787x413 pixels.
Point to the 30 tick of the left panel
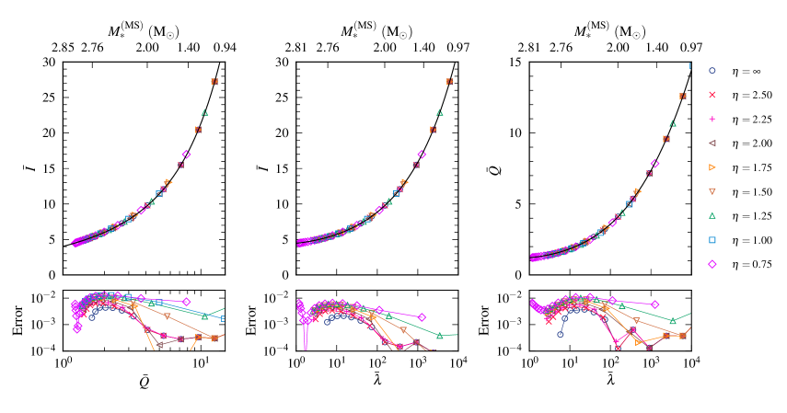tap(50, 62)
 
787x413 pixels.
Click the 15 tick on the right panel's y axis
tap(515, 62)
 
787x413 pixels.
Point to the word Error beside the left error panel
tap(16, 323)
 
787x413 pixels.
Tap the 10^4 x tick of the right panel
tap(692, 365)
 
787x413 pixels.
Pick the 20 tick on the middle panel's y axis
tap(283, 132)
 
